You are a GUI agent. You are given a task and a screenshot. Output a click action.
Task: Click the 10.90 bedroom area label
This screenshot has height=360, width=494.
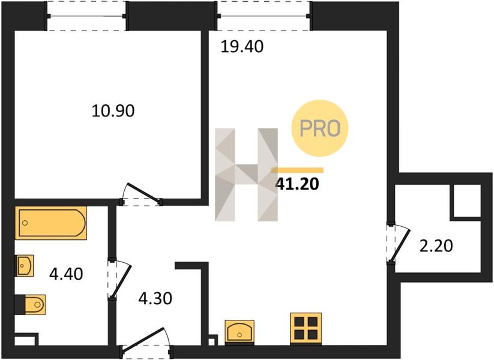coord(113,111)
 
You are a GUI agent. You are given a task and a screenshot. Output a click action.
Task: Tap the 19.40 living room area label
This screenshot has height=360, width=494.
coord(242,47)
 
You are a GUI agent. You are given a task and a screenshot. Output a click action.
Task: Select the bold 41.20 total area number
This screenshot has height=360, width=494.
coord(297,184)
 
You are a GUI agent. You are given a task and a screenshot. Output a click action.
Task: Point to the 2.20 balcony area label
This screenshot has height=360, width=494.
coord(436,245)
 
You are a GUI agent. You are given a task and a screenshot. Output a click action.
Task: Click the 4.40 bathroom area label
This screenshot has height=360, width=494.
coord(66,274)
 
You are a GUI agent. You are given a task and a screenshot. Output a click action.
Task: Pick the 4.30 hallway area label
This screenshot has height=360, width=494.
coord(155,298)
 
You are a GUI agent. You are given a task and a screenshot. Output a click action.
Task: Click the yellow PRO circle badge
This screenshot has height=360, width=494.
coord(320,128)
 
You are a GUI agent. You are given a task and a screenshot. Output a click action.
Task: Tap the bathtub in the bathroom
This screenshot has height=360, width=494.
coord(51,223)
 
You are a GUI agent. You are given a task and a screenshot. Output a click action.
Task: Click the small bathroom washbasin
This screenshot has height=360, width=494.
coord(25,266)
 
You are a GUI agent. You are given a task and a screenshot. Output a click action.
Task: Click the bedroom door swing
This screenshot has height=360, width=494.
coord(141,194)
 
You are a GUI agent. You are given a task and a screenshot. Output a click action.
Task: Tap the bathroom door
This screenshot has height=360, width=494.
coord(120,278)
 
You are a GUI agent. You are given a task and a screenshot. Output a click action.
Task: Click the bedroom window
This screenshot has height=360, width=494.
coord(86,16)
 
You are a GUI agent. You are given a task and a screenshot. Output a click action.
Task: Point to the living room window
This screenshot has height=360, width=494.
coord(264,16)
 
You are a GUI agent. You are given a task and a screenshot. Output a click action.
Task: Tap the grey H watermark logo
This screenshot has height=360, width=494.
coord(246,175)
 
